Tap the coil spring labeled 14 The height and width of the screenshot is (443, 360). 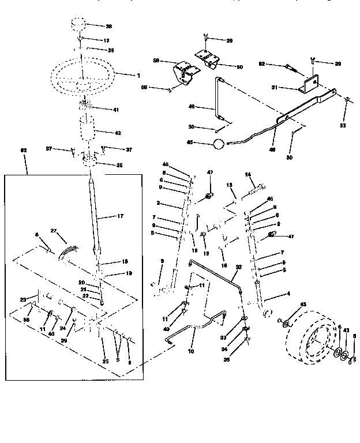tap(255, 188)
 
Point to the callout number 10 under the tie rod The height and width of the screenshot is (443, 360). tap(190, 350)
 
